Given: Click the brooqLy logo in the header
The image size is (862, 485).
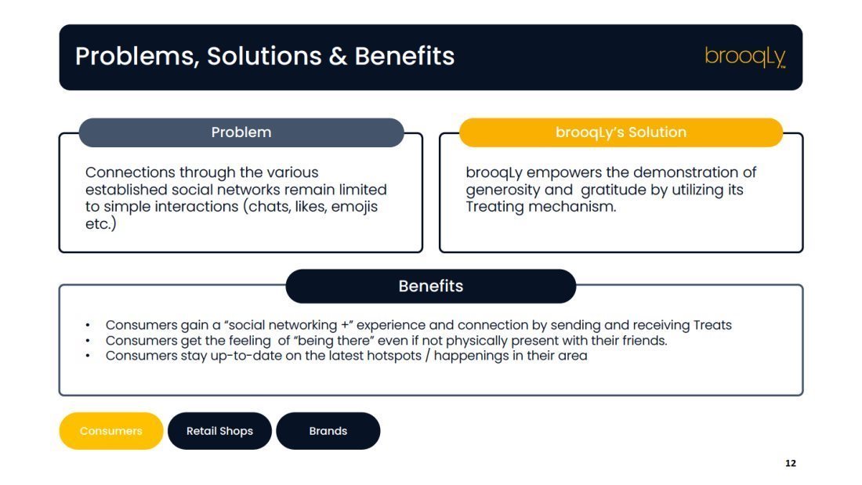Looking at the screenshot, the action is tap(745, 56).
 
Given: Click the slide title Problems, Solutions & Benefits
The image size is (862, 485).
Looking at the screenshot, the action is tap(264, 56).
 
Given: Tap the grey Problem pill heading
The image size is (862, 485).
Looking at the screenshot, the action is tap(241, 132).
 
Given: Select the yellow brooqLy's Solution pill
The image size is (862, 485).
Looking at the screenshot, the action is tap(621, 132).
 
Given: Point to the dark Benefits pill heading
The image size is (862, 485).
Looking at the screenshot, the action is tap(431, 286).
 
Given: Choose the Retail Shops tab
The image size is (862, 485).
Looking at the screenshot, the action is tap(220, 431).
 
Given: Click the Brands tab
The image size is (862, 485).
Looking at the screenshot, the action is tap(328, 431).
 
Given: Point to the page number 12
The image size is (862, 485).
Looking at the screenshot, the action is tap(791, 463).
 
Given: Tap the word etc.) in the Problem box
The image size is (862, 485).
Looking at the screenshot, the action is tap(100, 224).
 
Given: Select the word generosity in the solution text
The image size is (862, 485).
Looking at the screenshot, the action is tap(502, 190).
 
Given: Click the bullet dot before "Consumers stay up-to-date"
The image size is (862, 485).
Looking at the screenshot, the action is tap(88, 356).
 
